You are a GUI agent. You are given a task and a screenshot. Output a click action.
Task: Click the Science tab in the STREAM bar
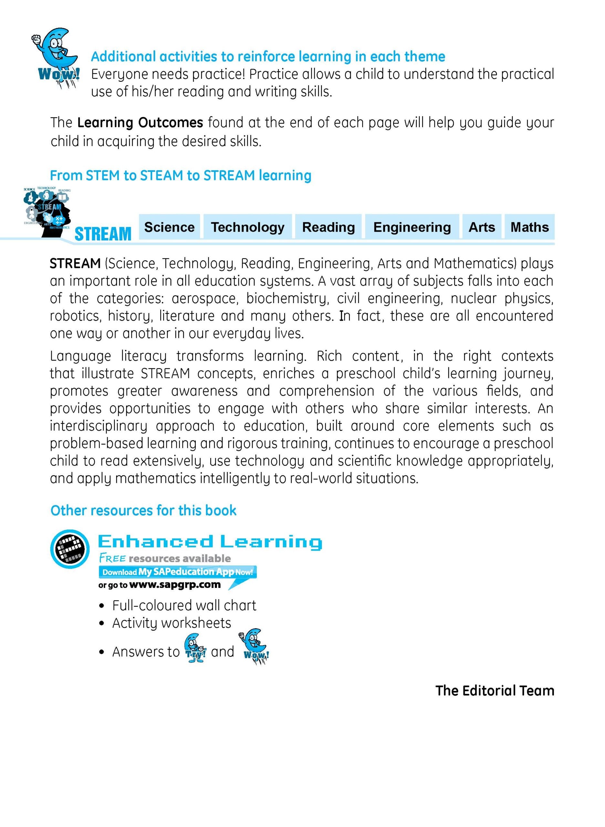point(169,227)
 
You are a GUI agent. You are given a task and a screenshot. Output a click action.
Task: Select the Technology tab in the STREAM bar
point(247,227)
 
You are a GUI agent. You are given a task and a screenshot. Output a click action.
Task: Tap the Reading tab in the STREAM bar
point(328,227)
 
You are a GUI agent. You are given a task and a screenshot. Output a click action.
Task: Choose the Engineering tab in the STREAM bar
point(412,227)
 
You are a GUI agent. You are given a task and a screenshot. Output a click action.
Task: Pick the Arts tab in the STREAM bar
point(482,227)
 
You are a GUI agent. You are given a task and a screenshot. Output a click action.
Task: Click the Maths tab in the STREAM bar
point(529,227)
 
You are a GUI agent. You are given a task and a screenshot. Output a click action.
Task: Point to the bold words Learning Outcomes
point(140,122)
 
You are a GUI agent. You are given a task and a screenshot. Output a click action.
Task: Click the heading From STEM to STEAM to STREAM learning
point(181,175)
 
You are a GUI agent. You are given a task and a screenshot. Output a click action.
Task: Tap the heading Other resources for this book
point(143,510)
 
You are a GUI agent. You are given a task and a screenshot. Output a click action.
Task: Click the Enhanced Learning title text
point(210,542)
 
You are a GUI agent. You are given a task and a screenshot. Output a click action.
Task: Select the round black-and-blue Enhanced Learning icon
point(69,549)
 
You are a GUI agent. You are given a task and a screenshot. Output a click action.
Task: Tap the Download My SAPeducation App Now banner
point(177,572)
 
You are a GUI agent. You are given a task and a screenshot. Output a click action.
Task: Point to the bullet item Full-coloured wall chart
point(184,605)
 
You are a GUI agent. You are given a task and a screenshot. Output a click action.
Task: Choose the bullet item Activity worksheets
point(172,623)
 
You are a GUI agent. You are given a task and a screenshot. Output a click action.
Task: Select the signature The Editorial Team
point(495,690)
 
